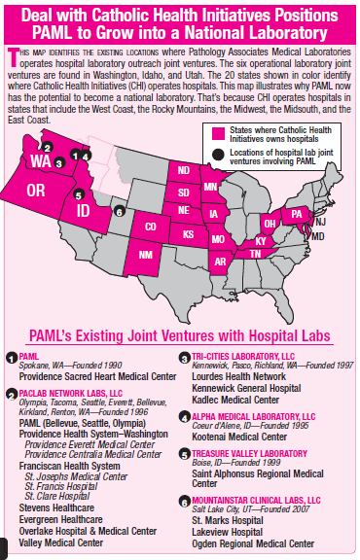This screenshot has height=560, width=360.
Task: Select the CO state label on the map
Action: click(x=151, y=227)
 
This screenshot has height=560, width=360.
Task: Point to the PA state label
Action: click(x=299, y=212)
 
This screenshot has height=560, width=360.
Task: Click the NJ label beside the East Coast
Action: click(x=320, y=222)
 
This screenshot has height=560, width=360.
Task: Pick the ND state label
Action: click(x=183, y=171)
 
